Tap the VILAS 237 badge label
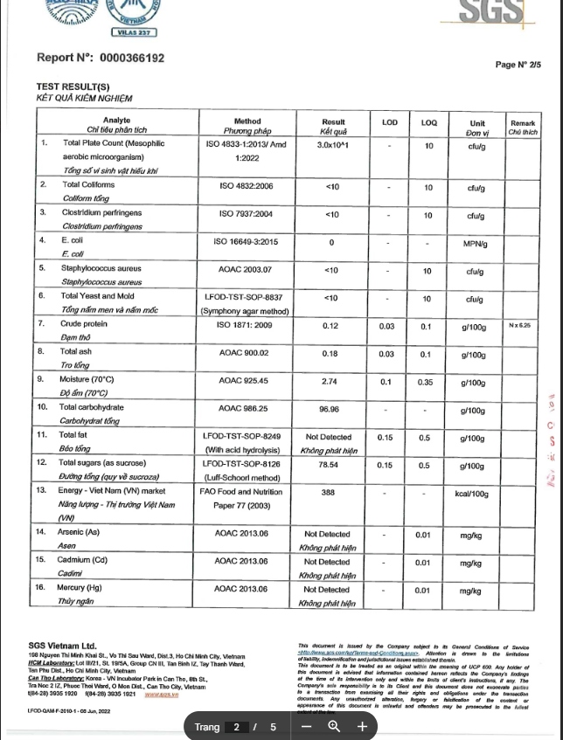point(134,32)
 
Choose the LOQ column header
point(428,122)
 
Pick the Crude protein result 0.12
point(330,326)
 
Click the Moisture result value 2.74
point(330,382)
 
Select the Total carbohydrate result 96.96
point(330,409)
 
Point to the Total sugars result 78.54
point(330,465)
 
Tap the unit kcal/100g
point(476,494)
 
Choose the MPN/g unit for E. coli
point(476,244)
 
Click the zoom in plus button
point(362,726)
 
